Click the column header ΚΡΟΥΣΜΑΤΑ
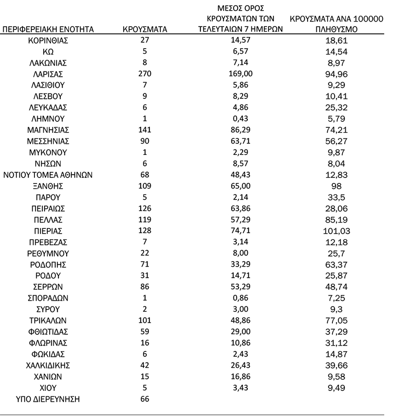point(145,29)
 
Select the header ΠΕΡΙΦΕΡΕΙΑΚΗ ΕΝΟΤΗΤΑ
point(48,29)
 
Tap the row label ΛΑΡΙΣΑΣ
point(48,74)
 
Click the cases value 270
point(145,74)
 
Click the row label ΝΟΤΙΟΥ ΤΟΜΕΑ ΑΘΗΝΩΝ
point(48,175)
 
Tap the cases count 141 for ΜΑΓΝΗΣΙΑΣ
point(145,130)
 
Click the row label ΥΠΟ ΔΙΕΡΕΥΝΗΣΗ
point(48,399)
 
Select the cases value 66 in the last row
point(145,399)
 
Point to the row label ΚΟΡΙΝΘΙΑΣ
point(48,40)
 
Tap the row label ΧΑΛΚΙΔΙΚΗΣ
point(48,365)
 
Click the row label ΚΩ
point(48,52)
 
